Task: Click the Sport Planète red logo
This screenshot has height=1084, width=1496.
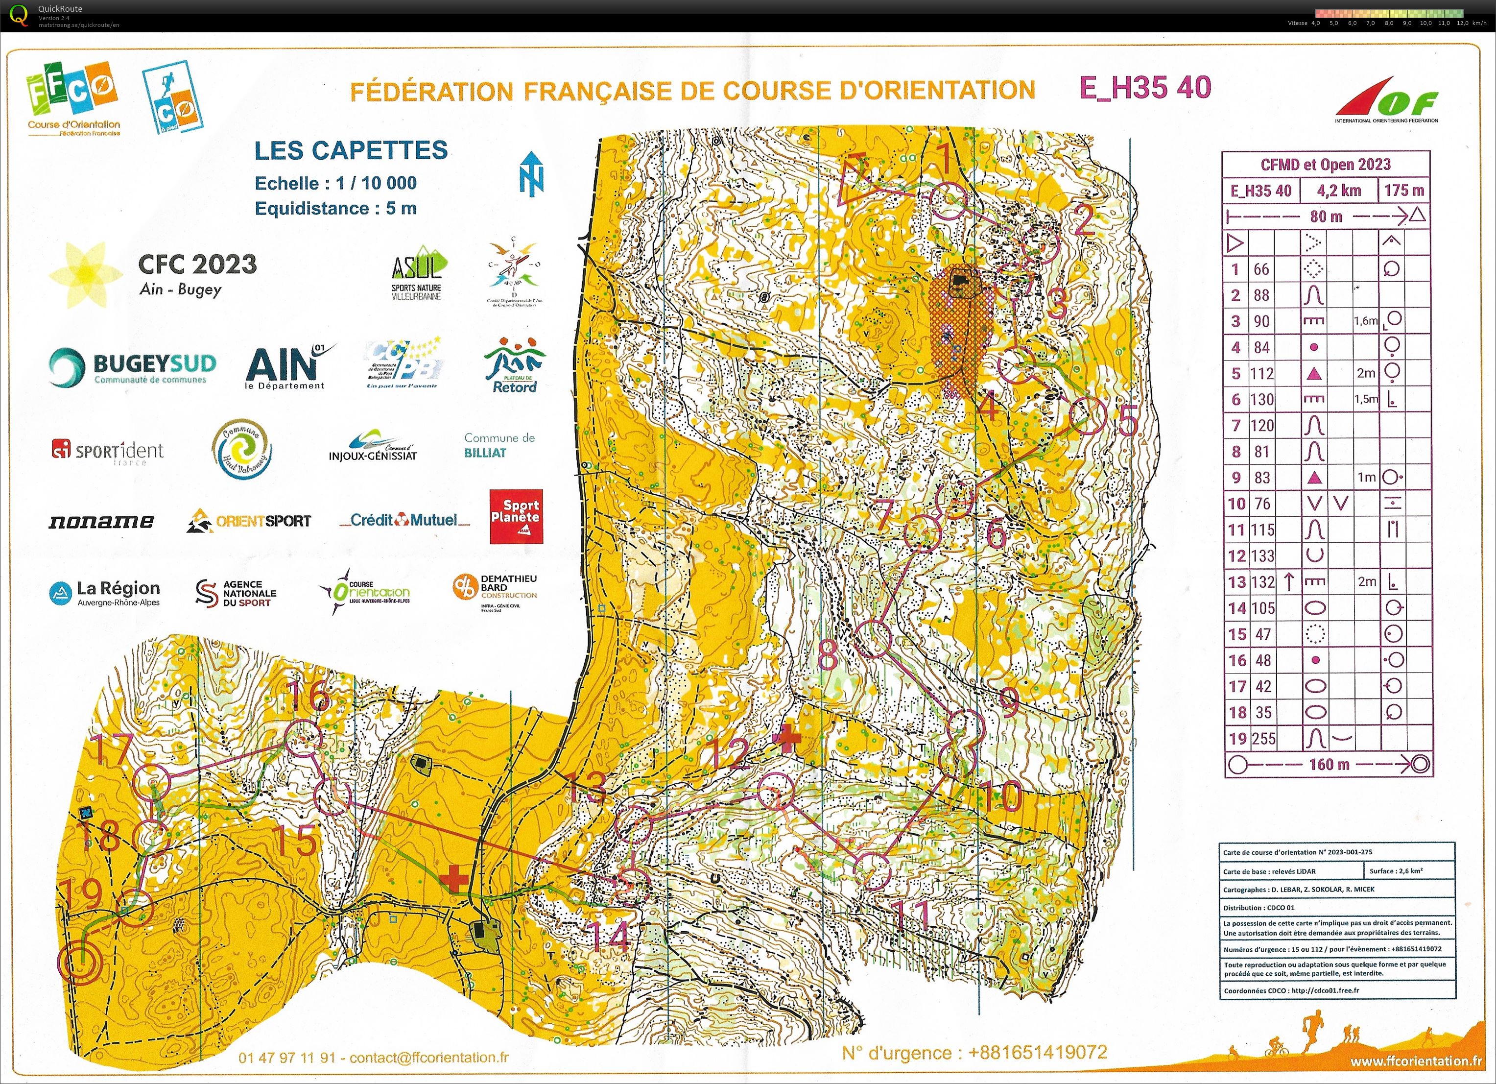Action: (516, 516)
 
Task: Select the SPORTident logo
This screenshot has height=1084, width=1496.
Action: (108, 451)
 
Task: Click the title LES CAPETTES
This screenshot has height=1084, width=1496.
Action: (351, 150)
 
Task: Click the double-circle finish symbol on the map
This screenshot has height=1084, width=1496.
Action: (79, 962)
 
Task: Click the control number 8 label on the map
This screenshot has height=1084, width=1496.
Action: (827, 653)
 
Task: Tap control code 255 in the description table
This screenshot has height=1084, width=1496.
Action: (1262, 738)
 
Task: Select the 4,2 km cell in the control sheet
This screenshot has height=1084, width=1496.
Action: (1338, 191)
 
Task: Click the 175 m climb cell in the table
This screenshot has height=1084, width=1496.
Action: (1403, 191)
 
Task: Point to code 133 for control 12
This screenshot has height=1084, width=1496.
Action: (1262, 555)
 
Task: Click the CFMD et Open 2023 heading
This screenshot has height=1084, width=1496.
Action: (1325, 164)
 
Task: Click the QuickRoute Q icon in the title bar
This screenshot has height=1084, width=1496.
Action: (20, 15)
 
